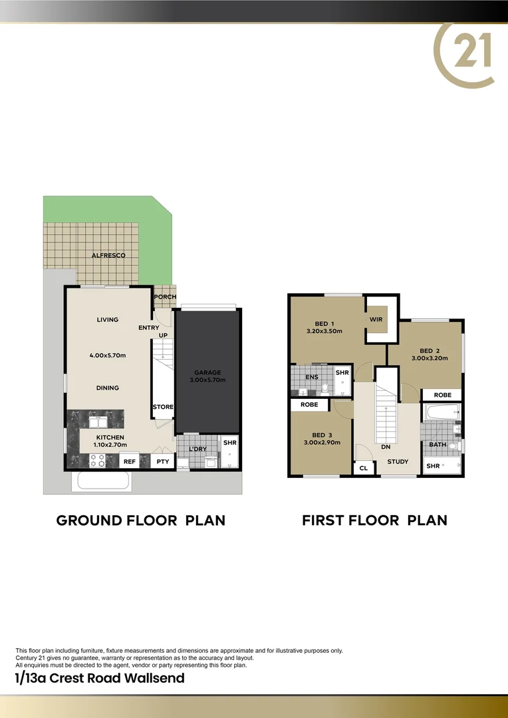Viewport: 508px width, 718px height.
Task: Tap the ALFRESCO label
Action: [x=108, y=255]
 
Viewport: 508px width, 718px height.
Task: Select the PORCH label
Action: [x=165, y=297]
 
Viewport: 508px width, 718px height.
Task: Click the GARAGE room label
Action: [x=207, y=372]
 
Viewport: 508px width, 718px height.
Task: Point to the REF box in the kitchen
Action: [x=130, y=461]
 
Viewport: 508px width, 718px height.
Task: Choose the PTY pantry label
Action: [x=162, y=461]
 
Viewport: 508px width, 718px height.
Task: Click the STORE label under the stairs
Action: [x=163, y=407]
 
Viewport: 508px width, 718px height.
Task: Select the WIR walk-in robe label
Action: [x=376, y=320]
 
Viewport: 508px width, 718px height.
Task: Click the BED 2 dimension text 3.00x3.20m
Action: [x=429, y=358]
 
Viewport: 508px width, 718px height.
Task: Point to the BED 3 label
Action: [x=322, y=434]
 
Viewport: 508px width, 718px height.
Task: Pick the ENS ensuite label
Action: [x=311, y=377]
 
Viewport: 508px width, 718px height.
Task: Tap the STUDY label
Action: [x=398, y=461]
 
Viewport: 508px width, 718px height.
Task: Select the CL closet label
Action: [x=363, y=468]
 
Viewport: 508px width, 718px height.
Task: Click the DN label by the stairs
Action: [x=385, y=447]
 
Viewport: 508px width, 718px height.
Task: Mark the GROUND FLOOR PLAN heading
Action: [x=141, y=520]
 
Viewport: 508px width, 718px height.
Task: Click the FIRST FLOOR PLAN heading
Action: [x=374, y=520]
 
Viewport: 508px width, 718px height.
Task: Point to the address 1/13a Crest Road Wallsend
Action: [x=100, y=678]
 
